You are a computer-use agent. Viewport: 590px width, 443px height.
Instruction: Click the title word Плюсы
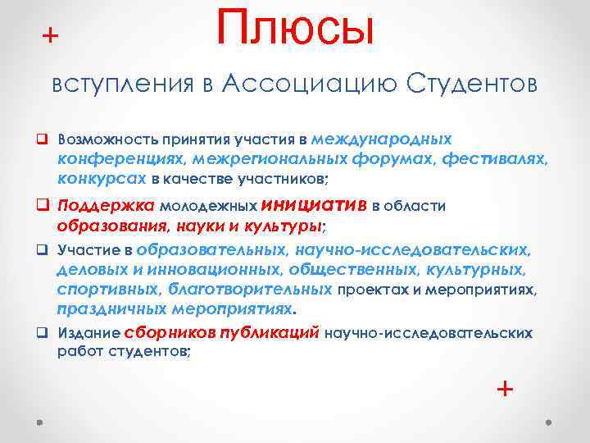pos(295,27)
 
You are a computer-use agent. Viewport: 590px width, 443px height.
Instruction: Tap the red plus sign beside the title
pos(51,35)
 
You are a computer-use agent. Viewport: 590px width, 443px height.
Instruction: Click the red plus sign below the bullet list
pos(506,387)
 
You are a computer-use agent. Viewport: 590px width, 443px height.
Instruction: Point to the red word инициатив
pos(314,204)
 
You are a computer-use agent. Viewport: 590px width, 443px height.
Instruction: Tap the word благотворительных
pos(251,288)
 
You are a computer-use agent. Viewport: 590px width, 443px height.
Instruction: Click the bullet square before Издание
pos(42,334)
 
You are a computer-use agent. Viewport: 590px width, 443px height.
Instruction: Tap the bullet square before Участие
pos(42,249)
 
